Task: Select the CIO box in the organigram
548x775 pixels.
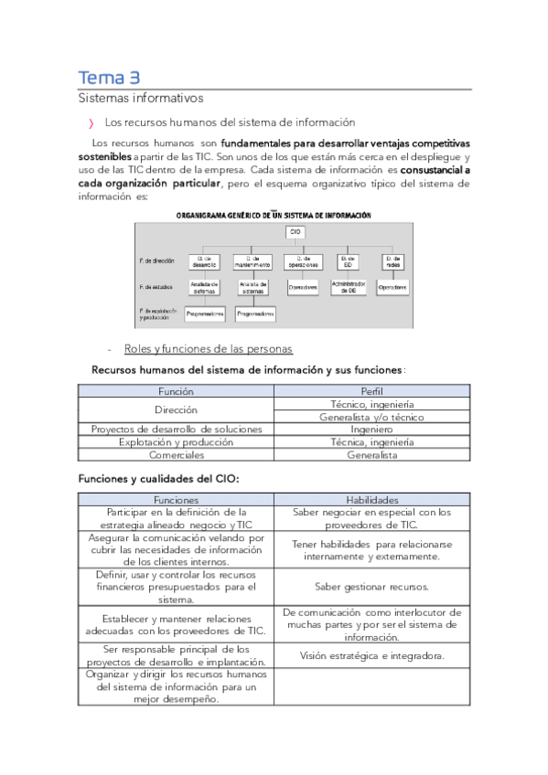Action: (x=295, y=233)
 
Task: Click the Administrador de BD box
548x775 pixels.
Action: (x=349, y=287)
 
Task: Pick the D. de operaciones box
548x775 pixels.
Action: (x=301, y=262)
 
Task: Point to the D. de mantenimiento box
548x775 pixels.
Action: (x=253, y=262)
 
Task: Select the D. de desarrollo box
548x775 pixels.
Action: (x=208, y=262)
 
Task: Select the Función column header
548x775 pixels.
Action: (x=176, y=390)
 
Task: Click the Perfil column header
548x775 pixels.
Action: (x=371, y=390)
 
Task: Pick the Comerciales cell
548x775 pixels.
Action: (x=176, y=454)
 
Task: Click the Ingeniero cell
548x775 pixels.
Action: (x=371, y=429)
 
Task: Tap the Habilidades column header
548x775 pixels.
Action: (x=371, y=500)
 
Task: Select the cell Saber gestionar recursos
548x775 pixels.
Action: (x=371, y=587)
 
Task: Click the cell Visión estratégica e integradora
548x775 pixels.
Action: (x=371, y=655)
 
